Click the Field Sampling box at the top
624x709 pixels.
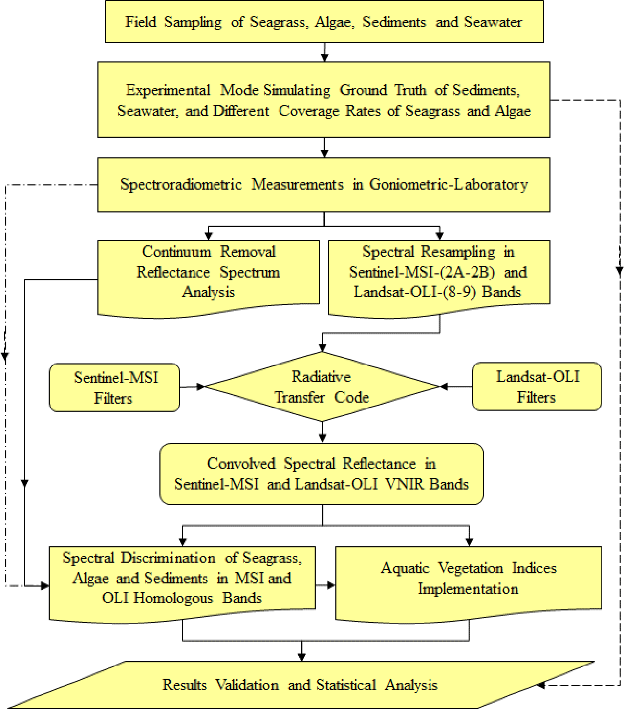point(324,22)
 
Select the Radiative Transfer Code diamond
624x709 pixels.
point(322,387)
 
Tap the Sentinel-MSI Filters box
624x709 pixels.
point(115,387)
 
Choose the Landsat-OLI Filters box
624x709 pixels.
point(537,387)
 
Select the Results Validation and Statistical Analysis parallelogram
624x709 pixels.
point(300,685)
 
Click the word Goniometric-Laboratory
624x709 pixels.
point(448,184)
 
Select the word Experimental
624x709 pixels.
point(168,90)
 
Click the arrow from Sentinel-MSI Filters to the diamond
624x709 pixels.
point(193,387)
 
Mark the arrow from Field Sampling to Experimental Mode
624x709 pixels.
point(324,52)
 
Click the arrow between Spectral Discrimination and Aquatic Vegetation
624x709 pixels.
point(325,585)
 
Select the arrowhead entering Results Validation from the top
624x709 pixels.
point(302,656)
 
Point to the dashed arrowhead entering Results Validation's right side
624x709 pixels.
point(541,685)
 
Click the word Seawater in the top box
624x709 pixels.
point(493,22)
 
